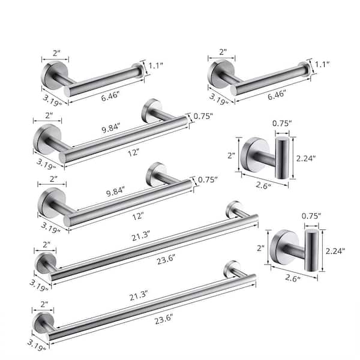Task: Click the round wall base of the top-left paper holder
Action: coord(52,74)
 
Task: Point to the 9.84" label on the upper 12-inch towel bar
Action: coord(112,127)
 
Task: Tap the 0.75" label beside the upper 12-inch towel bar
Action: coord(204,118)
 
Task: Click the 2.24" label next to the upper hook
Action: coord(308,159)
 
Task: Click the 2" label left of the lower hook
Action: coord(262,247)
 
